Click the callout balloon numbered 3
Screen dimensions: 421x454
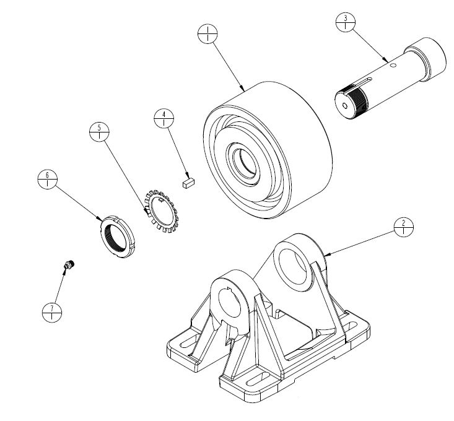(x=344, y=22)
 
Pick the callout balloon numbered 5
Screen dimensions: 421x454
(x=99, y=132)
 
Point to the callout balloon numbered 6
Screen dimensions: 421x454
(x=48, y=181)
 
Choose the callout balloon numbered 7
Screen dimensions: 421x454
(x=52, y=312)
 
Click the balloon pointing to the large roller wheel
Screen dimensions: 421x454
(x=206, y=33)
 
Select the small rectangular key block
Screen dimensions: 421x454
(x=188, y=183)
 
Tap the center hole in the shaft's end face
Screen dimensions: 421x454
(x=345, y=105)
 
